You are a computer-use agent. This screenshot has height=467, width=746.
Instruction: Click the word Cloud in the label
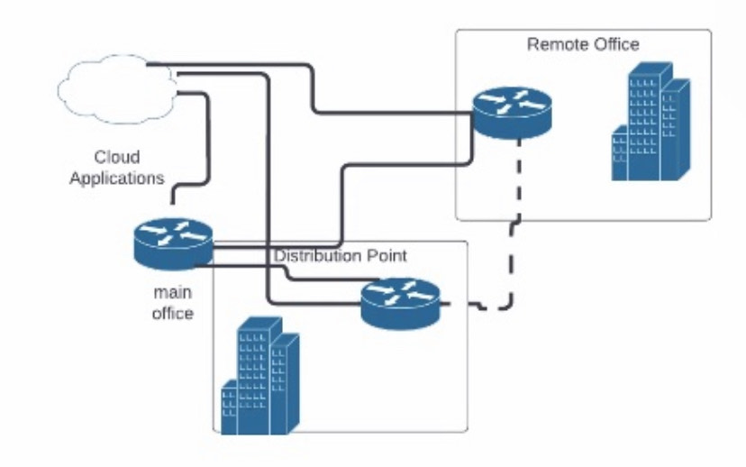point(117,158)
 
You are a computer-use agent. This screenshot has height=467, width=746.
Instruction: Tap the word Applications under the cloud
point(117,178)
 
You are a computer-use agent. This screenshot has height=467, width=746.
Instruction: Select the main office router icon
point(172,243)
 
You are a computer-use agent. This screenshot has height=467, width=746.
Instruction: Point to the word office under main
point(172,313)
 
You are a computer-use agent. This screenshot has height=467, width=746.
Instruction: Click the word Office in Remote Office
point(616,44)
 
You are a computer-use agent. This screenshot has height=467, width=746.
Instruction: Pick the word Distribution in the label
point(316,256)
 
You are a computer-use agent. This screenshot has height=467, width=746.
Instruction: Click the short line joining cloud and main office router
point(172,194)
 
